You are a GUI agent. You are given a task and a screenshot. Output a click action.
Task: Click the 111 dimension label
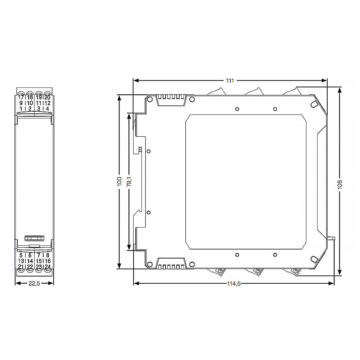230,81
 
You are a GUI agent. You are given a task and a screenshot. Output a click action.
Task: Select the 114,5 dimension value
234,284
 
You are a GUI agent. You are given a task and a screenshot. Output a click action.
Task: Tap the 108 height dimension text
340,184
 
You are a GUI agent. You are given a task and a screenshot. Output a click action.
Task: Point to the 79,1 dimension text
129,181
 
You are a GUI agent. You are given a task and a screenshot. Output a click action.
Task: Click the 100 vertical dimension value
120,181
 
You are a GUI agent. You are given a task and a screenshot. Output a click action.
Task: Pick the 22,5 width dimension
34,283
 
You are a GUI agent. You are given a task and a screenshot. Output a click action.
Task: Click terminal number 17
21,97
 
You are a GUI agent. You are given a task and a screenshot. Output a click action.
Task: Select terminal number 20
48,97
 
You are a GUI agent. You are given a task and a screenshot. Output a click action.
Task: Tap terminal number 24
48,266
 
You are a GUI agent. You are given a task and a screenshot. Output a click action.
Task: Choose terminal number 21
21,266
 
